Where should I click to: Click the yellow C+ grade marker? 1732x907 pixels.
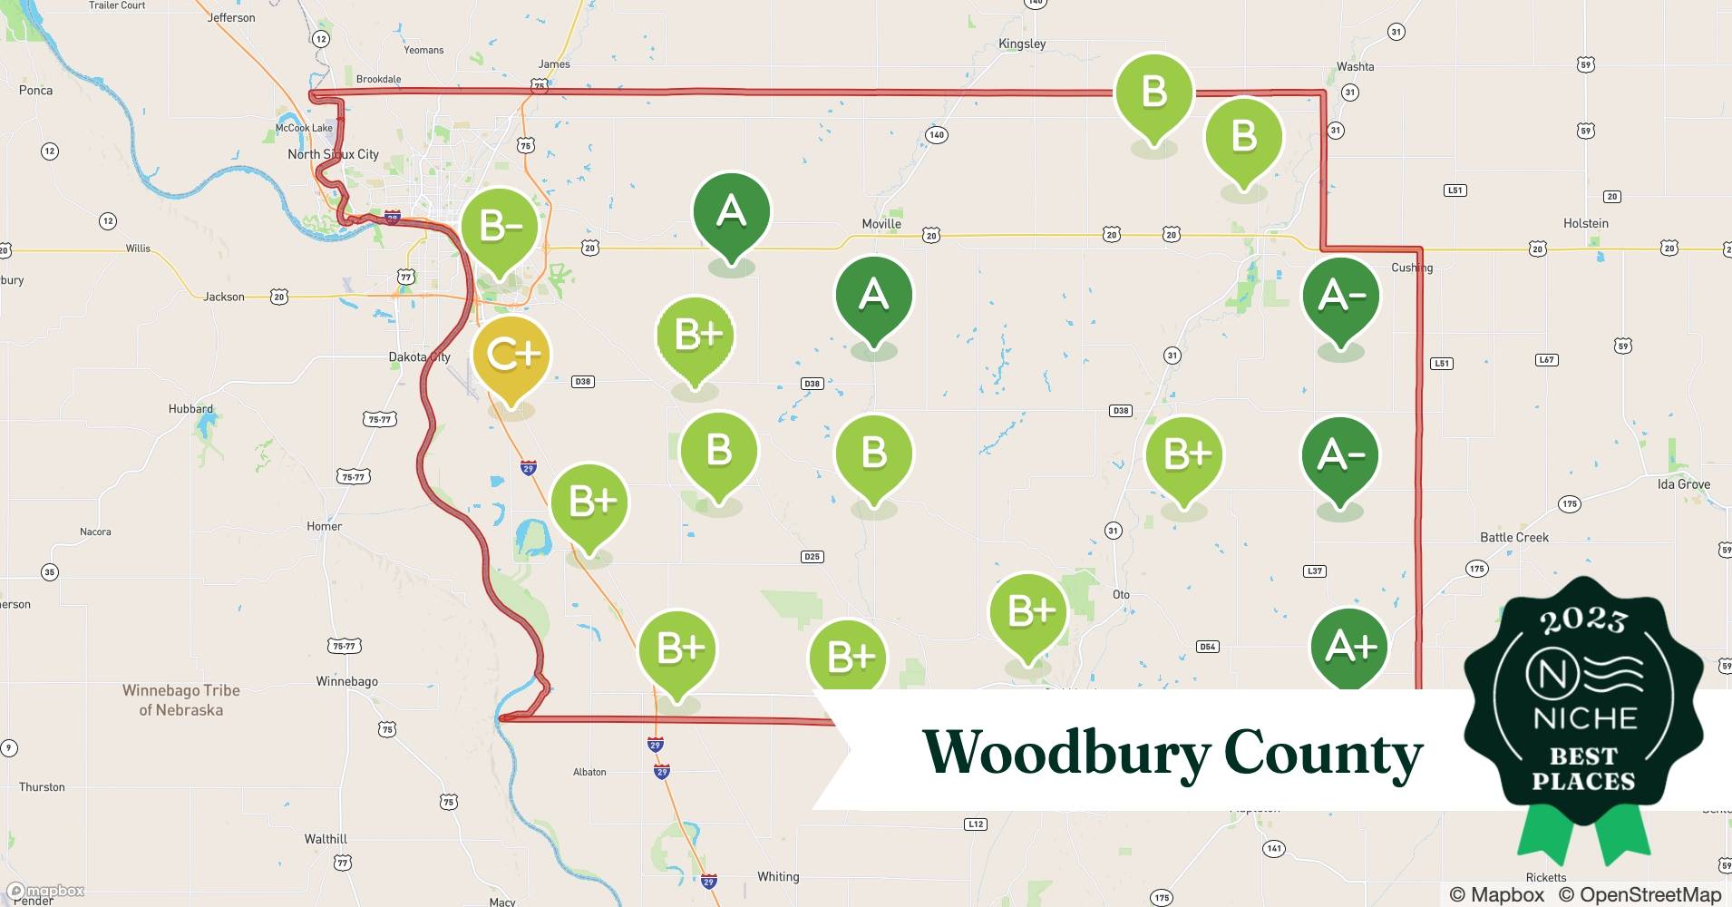click(x=511, y=354)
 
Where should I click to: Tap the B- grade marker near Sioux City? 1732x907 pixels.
click(x=500, y=226)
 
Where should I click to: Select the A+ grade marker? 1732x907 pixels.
click(x=1349, y=647)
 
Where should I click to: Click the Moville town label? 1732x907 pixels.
click(x=881, y=224)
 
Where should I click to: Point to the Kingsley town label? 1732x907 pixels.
click(x=1022, y=44)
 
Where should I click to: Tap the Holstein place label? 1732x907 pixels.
click(x=1586, y=223)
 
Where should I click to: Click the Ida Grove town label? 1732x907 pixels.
click(x=1683, y=484)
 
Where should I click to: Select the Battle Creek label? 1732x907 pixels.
click(x=1514, y=537)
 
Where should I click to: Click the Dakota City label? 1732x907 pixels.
click(x=419, y=356)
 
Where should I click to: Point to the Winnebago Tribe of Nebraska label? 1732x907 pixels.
click(x=181, y=700)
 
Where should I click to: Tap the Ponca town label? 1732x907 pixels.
click(x=35, y=90)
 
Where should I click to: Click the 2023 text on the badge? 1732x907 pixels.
click(x=1583, y=619)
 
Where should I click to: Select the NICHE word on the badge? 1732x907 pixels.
click(x=1584, y=719)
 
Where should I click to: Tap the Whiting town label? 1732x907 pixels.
click(x=778, y=876)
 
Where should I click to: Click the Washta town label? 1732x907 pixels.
click(x=1355, y=66)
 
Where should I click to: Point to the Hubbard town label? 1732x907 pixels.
click(x=190, y=408)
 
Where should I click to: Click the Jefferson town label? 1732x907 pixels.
click(x=231, y=17)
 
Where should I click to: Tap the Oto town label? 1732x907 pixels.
click(x=1121, y=594)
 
